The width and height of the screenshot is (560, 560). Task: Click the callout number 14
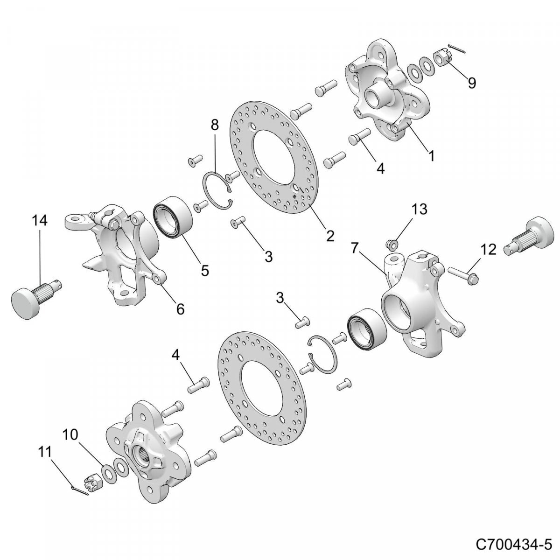point(39,221)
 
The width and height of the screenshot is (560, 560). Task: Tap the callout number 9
point(472,84)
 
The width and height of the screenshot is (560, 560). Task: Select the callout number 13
point(420,209)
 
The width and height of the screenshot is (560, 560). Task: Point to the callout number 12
point(489,249)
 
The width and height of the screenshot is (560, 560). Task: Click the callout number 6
point(180,308)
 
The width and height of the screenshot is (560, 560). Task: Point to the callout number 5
point(205,271)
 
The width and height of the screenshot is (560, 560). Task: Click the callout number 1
point(432,156)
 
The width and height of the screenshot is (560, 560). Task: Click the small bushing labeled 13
point(392,245)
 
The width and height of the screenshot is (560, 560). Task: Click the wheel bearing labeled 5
point(172,217)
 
